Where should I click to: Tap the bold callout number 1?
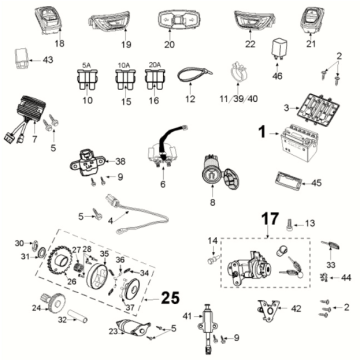pos(262,131)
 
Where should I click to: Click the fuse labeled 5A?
pos(87,83)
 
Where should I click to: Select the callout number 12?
pos(191,100)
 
